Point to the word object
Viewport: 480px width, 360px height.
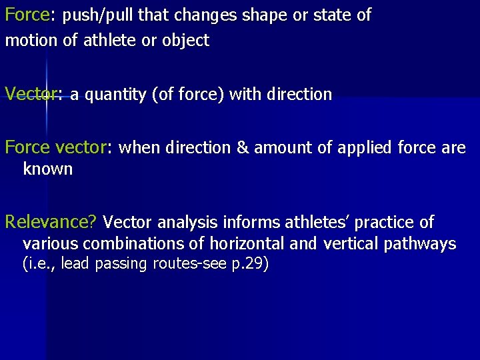pyautogui.click(x=187, y=41)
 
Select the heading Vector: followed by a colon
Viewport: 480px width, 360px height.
pyautogui.click(x=33, y=95)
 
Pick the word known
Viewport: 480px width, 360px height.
pyautogui.click(x=47, y=169)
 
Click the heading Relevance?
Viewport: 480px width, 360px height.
pyautogui.click(x=51, y=221)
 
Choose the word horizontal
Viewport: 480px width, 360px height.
pyautogui.click(x=253, y=243)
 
